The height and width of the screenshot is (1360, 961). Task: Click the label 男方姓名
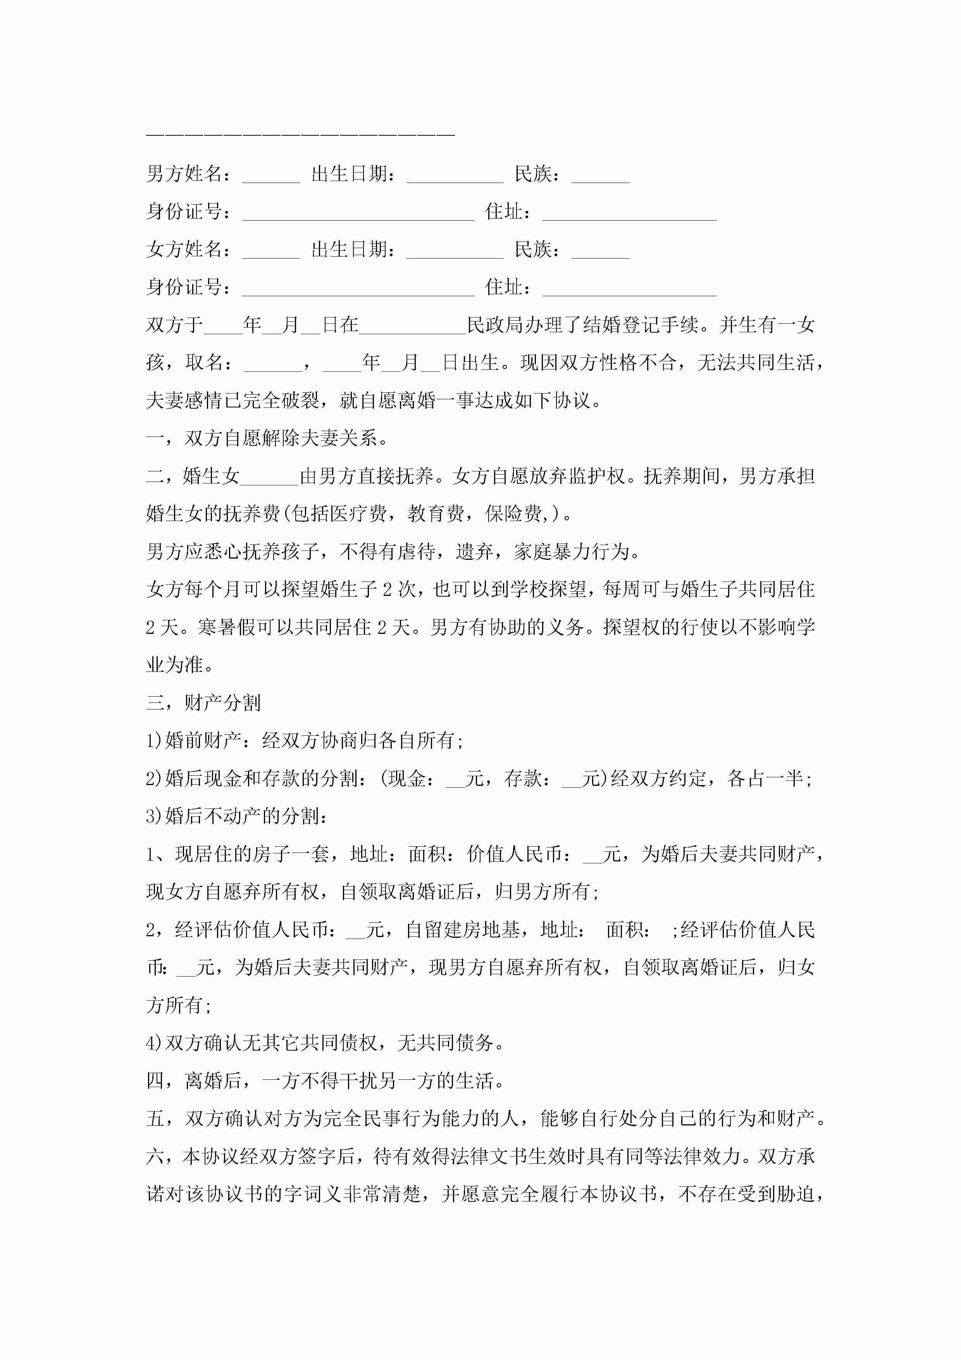click(184, 174)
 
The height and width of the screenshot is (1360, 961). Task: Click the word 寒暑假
click(227, 626)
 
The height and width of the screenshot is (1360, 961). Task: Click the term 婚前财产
click(203, 740)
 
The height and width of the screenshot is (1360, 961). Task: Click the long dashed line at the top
click(300, 136)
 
